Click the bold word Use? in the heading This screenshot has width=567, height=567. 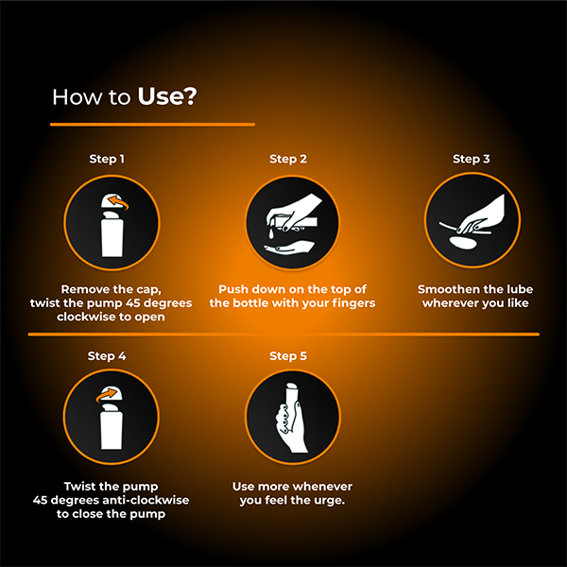(x=167, y=96)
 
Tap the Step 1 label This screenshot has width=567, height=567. (x=106, y=159)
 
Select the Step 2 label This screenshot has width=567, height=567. (x=288, y=159)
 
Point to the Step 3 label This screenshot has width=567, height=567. (x=471, y=159)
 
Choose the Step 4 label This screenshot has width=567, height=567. (x=106, y=356)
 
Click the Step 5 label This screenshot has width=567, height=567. (x=288, y=356)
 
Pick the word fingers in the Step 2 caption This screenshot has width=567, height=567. (x=354, y=302)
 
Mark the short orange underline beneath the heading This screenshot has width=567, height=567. (x=152, y=124)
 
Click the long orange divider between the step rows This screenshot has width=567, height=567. (x=283, y=334)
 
